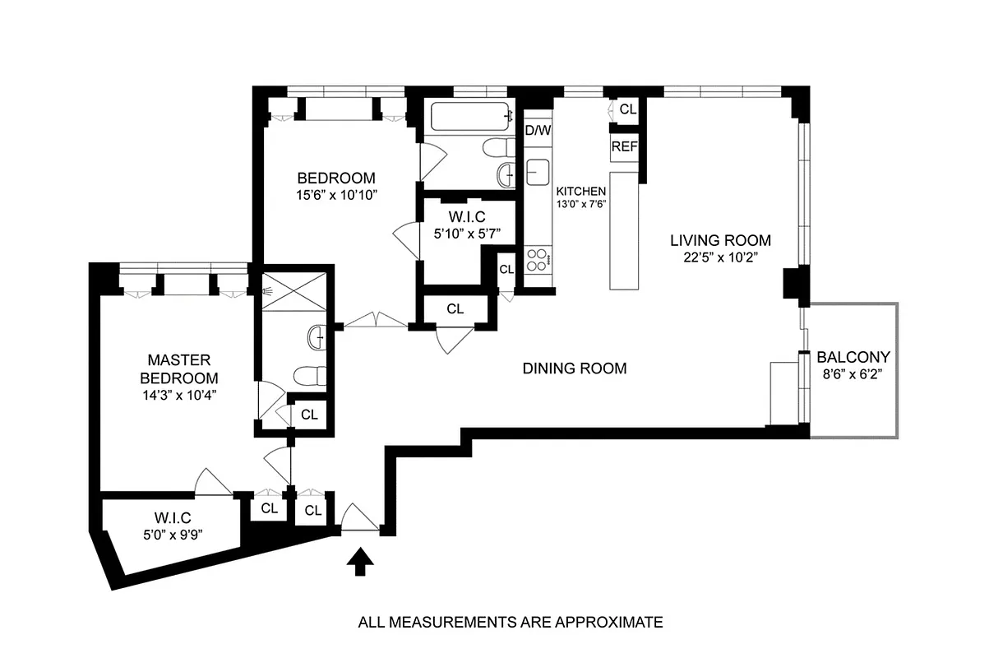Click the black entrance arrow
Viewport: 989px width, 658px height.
click(359, 563)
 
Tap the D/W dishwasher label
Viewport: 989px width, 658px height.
click(538, 130)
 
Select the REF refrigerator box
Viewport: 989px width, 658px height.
click(623, 147)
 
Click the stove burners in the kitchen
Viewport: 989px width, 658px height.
click(538, 260)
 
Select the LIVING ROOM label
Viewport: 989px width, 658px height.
click(720, 241)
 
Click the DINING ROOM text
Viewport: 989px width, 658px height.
click(575, 368)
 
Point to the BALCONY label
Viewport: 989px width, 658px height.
click(853, 358)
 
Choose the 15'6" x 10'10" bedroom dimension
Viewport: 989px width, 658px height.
click(336, 195)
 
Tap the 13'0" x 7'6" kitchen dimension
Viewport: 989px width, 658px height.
click(582, 205)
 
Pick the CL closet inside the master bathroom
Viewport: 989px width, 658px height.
click(309, 415)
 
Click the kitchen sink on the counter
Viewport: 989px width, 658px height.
click(539, 173)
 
